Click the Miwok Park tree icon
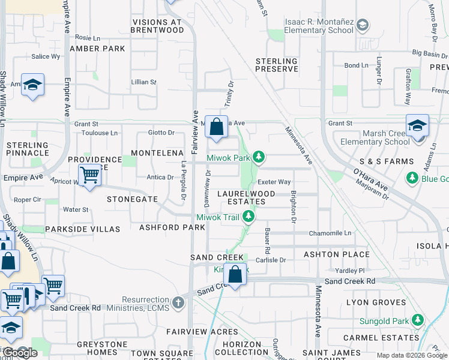pos(259,157)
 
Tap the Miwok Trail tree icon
pos(247,217)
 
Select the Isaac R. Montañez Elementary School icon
pos(362,25)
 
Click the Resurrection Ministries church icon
pos(178,302)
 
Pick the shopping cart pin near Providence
pos(89,176)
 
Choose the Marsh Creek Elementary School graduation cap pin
pos(417,127)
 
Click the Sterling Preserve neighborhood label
pos(277,65)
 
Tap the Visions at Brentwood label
pos(157,26)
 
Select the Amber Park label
pos(97,49)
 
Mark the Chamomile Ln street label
pos(330,233)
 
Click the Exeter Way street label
pos(274,182)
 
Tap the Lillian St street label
pos(143,82)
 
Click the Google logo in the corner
pos(20,353)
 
